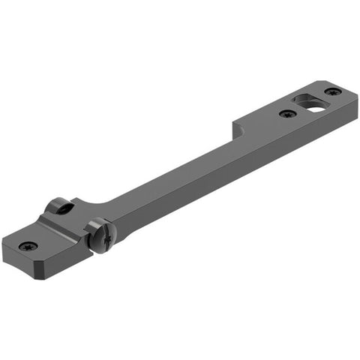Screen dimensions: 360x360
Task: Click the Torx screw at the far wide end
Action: [x=332, y=91]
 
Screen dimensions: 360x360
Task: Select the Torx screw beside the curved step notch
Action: [x=286, y=114]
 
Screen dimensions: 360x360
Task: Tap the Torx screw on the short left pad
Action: [x=28, y=245]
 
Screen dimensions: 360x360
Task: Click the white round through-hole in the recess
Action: [x=316, y=106]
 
